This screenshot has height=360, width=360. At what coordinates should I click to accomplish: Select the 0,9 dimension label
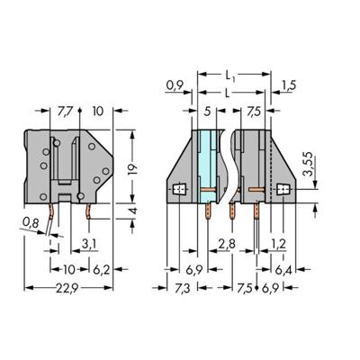click(175, 86)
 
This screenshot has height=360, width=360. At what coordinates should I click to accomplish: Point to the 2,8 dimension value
click(227, 243)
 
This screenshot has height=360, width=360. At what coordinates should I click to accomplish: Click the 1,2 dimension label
click(278, 243)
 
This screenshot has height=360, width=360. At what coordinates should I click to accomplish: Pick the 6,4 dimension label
click(283, 269)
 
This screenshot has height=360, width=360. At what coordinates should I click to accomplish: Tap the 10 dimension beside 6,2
click(68, 269)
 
